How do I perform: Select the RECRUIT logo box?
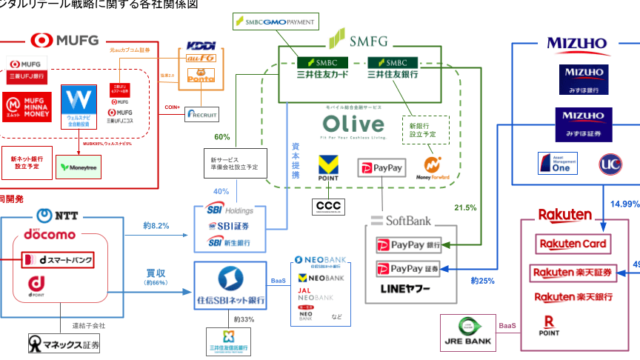click(x=202, y=115)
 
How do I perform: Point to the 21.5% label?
click(x=465, y=207)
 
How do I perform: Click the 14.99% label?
click(x=624, y=204)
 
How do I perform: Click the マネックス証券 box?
click(x=63, y=344)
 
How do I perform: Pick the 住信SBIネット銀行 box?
click(x=230, y=284)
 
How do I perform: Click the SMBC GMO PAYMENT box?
click(x=275, y=22)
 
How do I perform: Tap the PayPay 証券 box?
click(x=410, y=268)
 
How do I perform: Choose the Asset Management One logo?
click(x=557, y=164)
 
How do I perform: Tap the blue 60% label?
click(x=221, y=136)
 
